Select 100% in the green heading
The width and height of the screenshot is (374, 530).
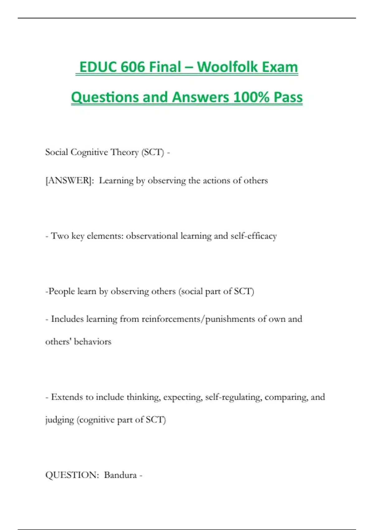[251, 97]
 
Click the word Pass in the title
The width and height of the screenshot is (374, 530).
[288, 97]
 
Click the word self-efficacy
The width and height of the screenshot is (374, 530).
[253, 236]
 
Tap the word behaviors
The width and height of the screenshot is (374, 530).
[93, 342]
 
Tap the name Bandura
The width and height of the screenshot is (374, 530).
[120, 475]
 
